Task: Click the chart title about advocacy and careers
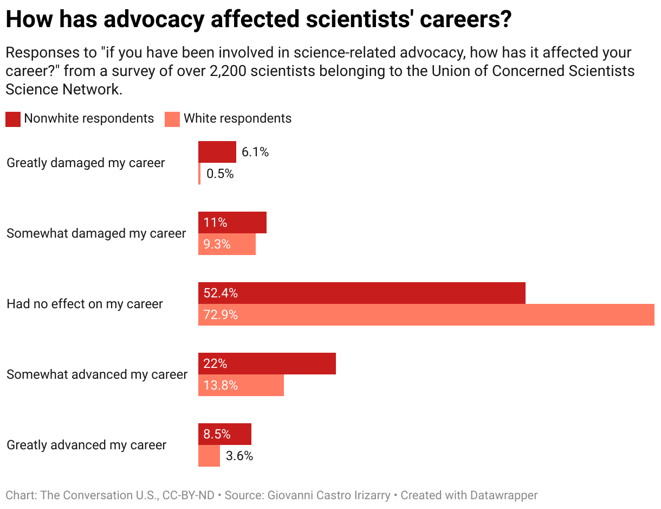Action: coord(258,20)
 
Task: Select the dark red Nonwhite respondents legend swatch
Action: coord(13,119)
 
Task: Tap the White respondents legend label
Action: coord(237,119)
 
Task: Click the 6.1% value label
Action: coord(255,152)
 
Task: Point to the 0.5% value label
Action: coord(220,174)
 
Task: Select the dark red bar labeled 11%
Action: coord(232,222)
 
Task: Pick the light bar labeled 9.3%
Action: coord(227,244)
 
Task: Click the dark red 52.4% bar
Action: coord(362,293)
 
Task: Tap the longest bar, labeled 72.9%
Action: coord(426,315)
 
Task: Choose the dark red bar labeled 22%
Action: coord(267,364)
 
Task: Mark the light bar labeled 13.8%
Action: coord(241,385)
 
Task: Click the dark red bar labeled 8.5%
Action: coord(225,434)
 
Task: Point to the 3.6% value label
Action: coord(239,456)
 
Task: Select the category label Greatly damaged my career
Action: coord(86,163)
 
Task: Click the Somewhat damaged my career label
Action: coord(96,233)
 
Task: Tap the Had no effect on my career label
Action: coord(85,304)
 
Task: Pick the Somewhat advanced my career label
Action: coord(97,374)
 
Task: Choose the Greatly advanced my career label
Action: coord(86,445)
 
